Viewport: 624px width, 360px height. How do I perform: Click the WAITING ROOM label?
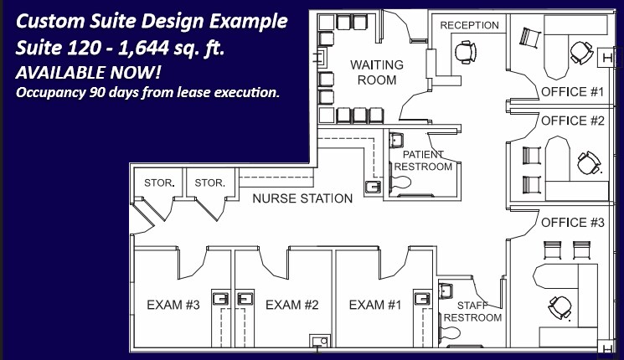point(376,72)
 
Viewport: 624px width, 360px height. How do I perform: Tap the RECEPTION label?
point(469,25)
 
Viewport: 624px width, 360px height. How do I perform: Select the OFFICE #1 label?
point(573,90)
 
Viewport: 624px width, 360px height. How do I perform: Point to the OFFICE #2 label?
point(573,121)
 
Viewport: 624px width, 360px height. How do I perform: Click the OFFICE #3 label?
point(573,222)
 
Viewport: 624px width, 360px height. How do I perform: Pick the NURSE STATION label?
point(302,198)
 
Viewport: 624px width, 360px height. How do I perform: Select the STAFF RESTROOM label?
point(472,311)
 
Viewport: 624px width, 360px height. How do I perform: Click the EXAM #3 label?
point(173,304)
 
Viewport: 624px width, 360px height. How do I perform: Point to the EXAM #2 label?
point(293,304)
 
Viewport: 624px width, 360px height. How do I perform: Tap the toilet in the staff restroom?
point(453,332)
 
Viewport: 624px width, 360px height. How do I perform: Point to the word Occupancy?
point(53,91)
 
